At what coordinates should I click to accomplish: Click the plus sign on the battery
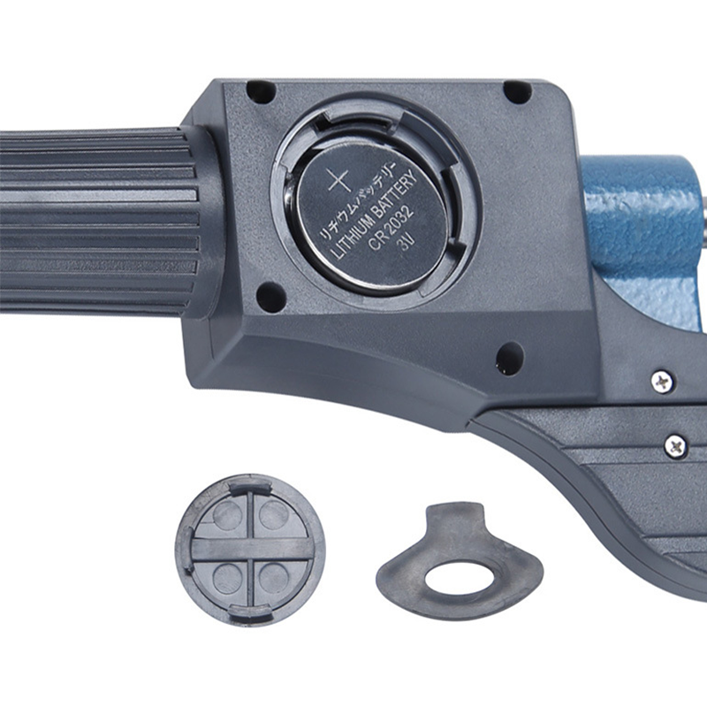click(338, 182)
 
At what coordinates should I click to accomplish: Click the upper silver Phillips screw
click(661, 382)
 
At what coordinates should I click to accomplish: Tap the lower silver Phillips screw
click(675, 446)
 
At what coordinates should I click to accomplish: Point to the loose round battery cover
click(250, 550)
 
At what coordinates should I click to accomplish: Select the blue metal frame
click(641, 221)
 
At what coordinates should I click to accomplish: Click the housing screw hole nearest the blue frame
click(517, 91)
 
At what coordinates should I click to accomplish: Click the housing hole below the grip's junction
click(270, 296)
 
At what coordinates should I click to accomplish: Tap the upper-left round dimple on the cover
click(227, 515)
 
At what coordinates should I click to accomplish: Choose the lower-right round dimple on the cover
click(275, 580)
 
